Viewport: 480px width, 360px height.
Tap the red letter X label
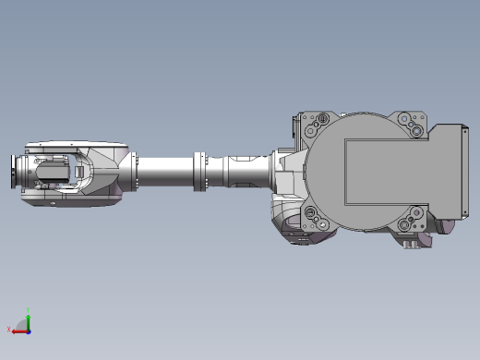pos(10,329)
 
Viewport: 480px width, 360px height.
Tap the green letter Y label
pos(29,310)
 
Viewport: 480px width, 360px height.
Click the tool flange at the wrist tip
pos(15,174)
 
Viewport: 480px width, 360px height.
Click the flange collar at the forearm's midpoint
pos(198,172)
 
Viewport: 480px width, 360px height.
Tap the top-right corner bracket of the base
pos(410,126)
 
